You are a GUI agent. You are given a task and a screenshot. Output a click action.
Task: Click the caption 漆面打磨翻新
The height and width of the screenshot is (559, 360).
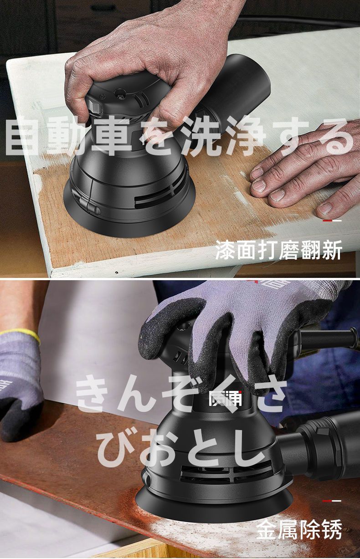tap(278, 250)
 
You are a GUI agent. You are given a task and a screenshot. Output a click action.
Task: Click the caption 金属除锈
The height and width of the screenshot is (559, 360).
tap(299, 529)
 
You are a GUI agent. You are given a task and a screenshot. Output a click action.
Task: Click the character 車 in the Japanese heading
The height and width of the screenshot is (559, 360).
tap(112, 135)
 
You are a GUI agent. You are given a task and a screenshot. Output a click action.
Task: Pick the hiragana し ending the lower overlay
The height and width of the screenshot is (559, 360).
tap(247, 443)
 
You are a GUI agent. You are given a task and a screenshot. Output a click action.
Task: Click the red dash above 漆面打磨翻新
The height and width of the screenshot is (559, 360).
tap(327, 221)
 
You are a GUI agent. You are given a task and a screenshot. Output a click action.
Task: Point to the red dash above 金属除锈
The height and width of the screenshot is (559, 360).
tap(327, 501)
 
